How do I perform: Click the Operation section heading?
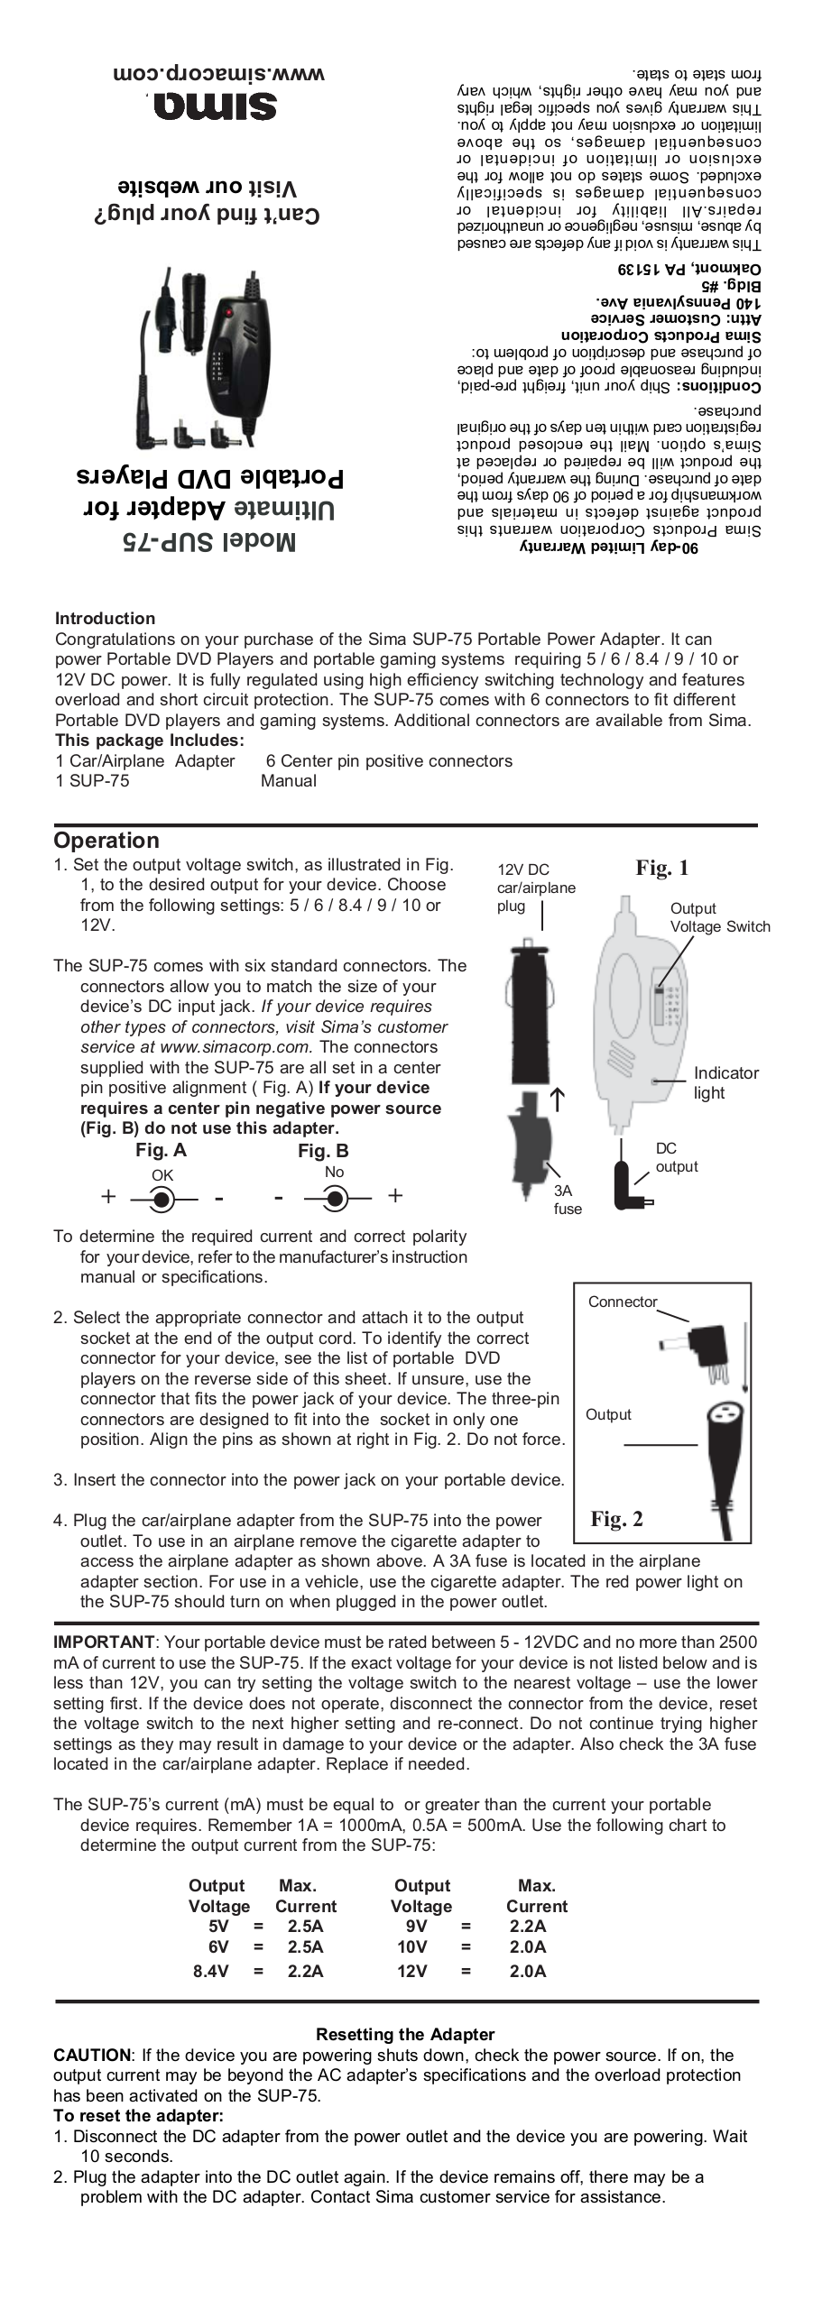coord(106,840)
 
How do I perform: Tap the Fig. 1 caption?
coord(661,868)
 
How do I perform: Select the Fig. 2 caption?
coord(616,1519)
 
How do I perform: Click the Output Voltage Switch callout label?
coord(719,917)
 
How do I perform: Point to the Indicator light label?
coord(725,1082)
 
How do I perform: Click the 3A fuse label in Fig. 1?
coord(568,1200)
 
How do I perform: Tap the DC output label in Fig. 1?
coord(676,1157)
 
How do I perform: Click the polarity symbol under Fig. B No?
coord(336,1199)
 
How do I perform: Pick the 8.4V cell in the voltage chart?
coord(210,1971)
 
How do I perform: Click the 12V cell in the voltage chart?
coord(411,1971)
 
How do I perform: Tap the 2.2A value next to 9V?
coord(528,1926)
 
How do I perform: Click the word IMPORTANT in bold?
coord(104,1642)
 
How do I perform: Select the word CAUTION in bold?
coord(92,2055)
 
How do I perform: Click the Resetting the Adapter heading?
coord(405,2034)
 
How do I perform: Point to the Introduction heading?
coord(105,618)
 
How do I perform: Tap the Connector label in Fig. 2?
coord(623,1302)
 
